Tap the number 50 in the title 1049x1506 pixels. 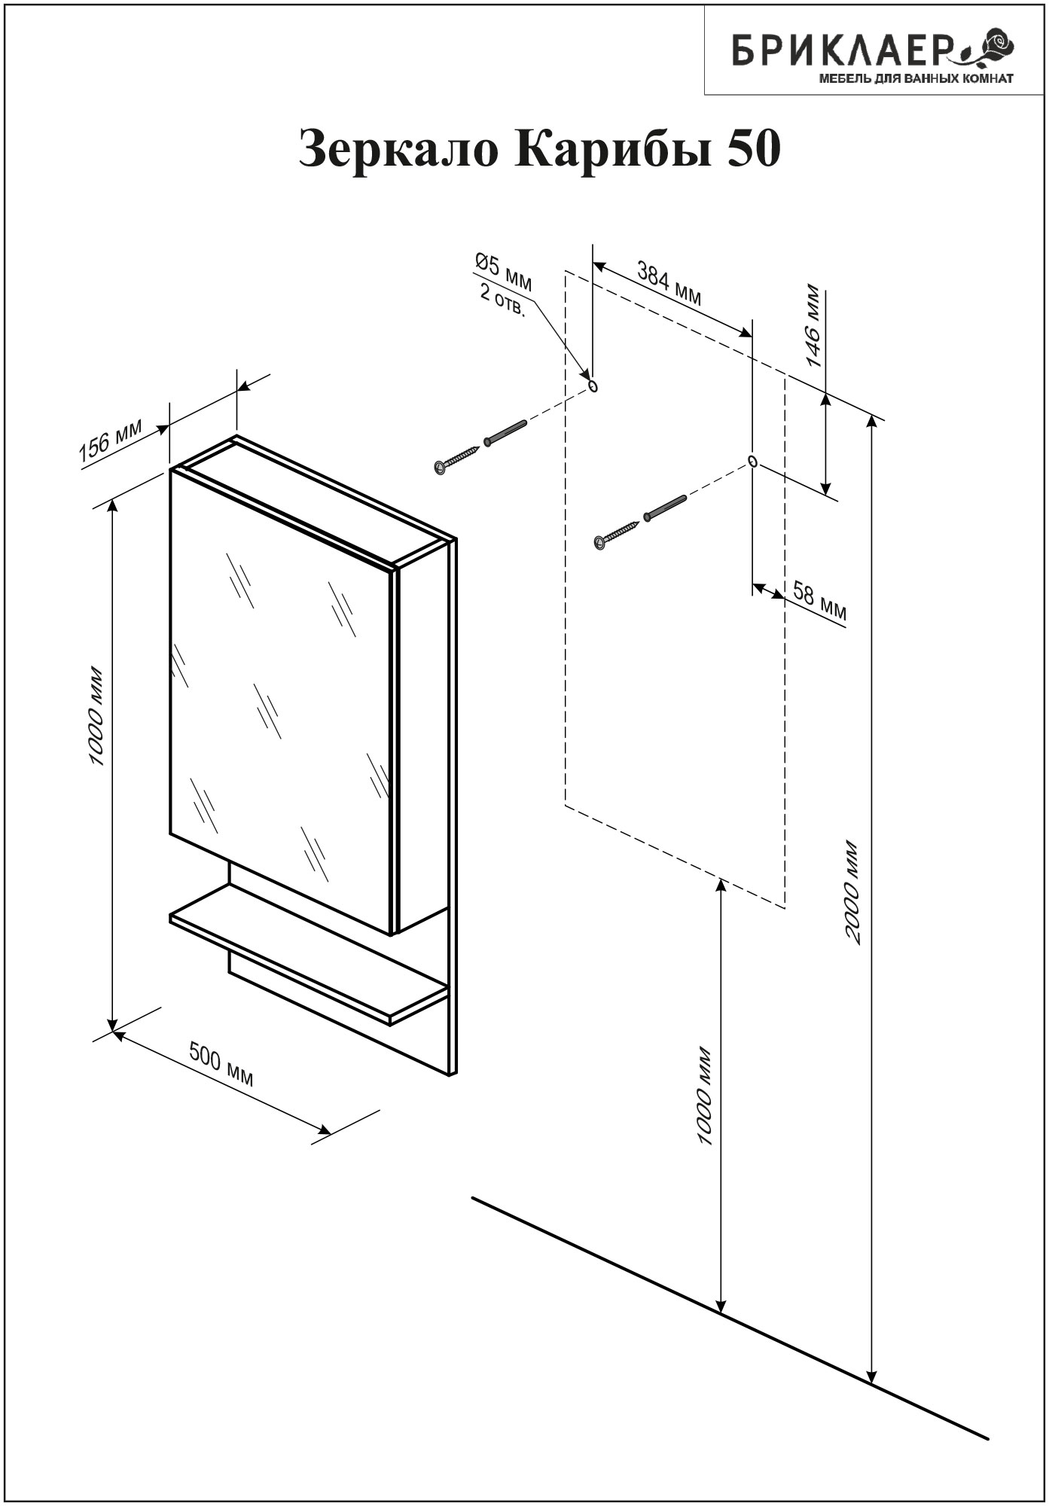point(753,148)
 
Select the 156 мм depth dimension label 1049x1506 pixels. point(111,440)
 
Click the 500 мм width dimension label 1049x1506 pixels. point(221,1065)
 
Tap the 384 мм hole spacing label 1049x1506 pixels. point(669,283)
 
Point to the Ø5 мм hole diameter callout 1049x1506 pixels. point(503,272)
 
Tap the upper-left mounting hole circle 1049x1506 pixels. point(593,386)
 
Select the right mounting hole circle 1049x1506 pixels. point(752,461)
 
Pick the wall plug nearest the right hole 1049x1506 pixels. point(665,508)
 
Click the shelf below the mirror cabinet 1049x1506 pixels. point(310,953)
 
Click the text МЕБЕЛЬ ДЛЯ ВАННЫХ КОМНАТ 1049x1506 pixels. point(916,78)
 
